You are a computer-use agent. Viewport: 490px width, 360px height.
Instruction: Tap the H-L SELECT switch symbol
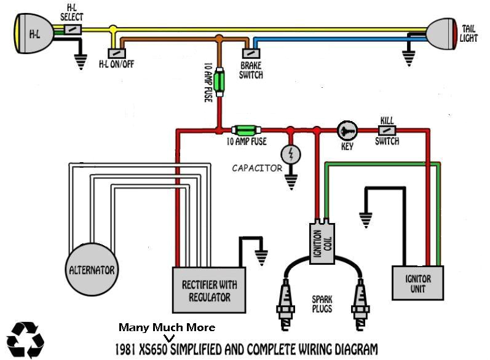coord(72,29)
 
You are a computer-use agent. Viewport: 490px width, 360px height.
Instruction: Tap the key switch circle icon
coord(346,130)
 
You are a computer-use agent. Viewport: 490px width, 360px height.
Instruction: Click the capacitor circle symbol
coord(290,153)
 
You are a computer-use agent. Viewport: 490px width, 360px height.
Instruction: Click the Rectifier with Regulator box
coord(209,291)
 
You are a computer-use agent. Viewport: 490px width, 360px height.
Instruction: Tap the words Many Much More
coord(167,327)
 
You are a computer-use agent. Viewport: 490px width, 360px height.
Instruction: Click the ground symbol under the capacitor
coord(290,181)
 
